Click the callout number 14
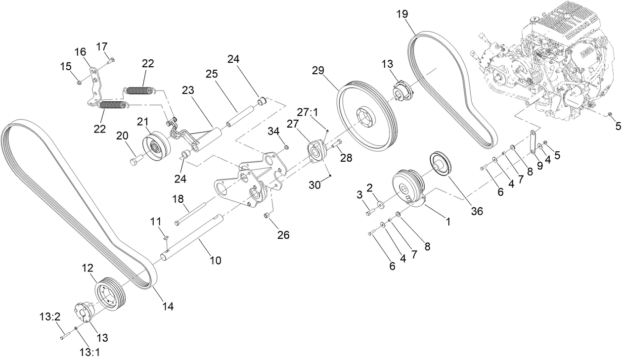(168, 307)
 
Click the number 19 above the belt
(401, 13)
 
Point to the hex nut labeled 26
(267, 216)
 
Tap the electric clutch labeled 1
(408, 190)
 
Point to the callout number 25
(212, 74)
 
